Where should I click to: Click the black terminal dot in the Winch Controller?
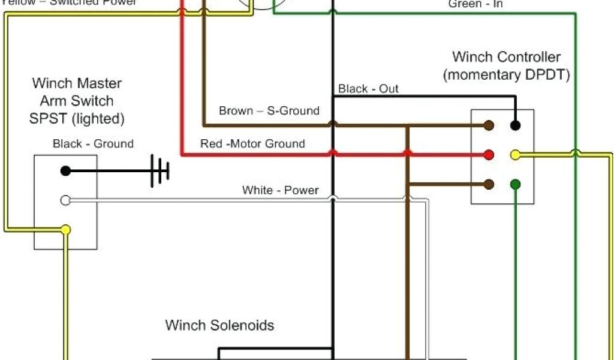click(x=515, y=125)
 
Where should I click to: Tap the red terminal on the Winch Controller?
click(x=489, y=155)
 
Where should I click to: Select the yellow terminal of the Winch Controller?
click(x=515, y=155)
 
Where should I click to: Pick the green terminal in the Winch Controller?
click(x=515, y=184)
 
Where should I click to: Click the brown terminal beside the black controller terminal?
click(x=489, y=125)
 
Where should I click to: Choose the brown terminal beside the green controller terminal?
click(x=489, y=184)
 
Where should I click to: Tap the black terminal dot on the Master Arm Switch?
click(x=65, y=171)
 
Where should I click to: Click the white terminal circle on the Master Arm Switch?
click(x=65, y=200)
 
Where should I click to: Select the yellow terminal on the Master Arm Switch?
click(x=65, y=229)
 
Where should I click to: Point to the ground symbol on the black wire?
click(x=160, y=171)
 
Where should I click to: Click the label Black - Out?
click(x=368, y=89)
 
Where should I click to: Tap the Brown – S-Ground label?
click(x=269, y=110)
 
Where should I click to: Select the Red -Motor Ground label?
click(x=252, y=144)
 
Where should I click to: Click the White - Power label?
click(x=280, y=190)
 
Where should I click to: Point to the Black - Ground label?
click(x=93, y=144)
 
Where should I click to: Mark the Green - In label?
click(x=475, y=4)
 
